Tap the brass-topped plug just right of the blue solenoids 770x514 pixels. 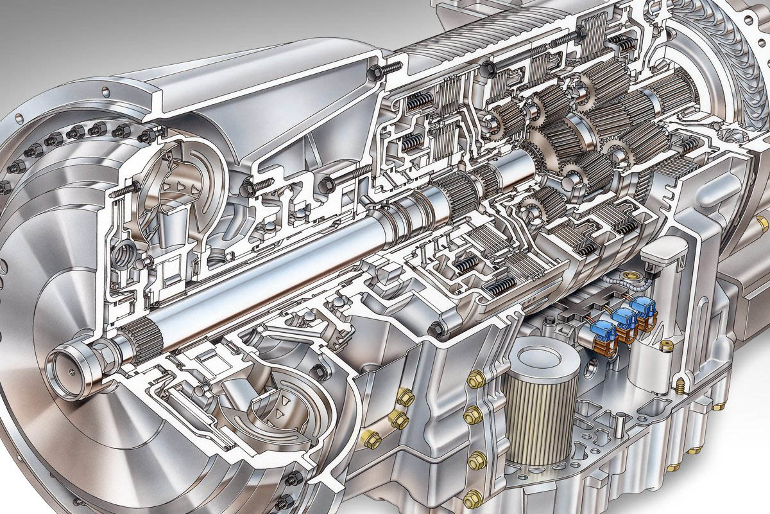(x=665, y=345)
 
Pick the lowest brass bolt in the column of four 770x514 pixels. (x=473, y=495)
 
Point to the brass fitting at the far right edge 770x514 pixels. (x=762, y=224)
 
